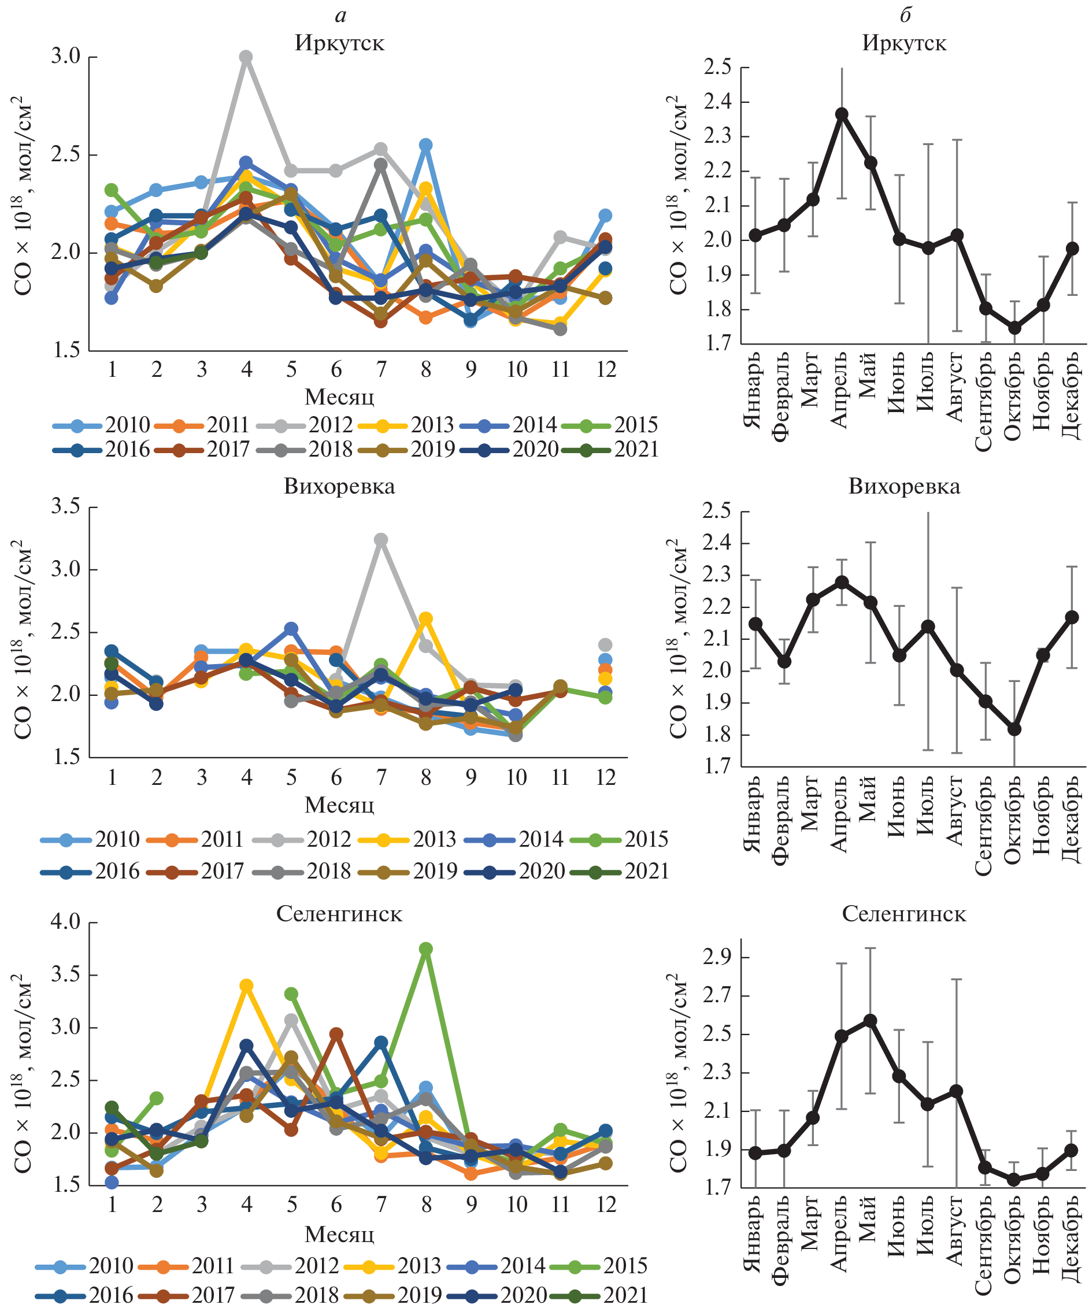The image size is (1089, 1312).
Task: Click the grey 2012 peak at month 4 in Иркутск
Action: point(246,57)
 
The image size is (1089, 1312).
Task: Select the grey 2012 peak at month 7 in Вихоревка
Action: point(381,540)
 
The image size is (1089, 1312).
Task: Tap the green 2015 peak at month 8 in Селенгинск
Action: point(426,949)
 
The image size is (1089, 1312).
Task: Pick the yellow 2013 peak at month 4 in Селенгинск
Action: point(246,986)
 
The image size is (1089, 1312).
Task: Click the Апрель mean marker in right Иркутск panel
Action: point(842,114)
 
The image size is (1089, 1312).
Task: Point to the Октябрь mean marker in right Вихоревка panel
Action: point(1014,729)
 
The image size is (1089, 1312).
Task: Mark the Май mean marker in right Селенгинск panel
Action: point(871,1021)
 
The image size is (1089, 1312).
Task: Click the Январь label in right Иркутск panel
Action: point(754,391)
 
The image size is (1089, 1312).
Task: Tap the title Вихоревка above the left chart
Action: point(339,487)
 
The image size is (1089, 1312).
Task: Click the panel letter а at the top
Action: point(340,16)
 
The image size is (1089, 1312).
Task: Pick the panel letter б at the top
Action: point(905,15)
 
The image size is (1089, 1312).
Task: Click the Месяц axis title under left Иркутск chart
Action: point(339,396)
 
